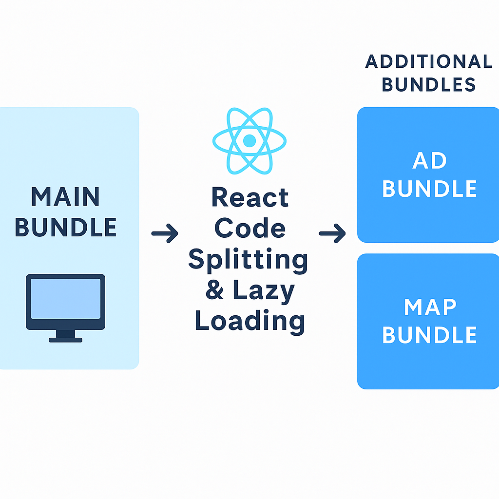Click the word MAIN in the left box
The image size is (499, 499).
(65, 197)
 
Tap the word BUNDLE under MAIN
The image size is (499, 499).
(66, 227)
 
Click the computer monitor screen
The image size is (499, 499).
(65, 299)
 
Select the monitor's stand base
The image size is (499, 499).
(65, 339)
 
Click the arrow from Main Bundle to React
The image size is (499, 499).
(165, 234)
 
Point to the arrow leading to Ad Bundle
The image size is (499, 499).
(332, 234)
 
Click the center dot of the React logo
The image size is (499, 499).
(249, 141)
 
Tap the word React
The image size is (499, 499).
(250, 198)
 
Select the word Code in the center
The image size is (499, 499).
(250, 228)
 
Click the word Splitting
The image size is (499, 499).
(248, 259)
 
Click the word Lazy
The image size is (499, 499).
(264, 291)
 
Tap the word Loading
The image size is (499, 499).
(250, 322)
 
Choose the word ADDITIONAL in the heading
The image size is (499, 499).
(429, 62)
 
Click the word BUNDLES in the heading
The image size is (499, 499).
(429, 85)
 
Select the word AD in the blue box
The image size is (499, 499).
(430, 161)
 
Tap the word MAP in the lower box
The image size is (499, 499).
(430, 307)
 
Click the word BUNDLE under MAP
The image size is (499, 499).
(430, 335)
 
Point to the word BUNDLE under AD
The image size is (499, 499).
(430, 189)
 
